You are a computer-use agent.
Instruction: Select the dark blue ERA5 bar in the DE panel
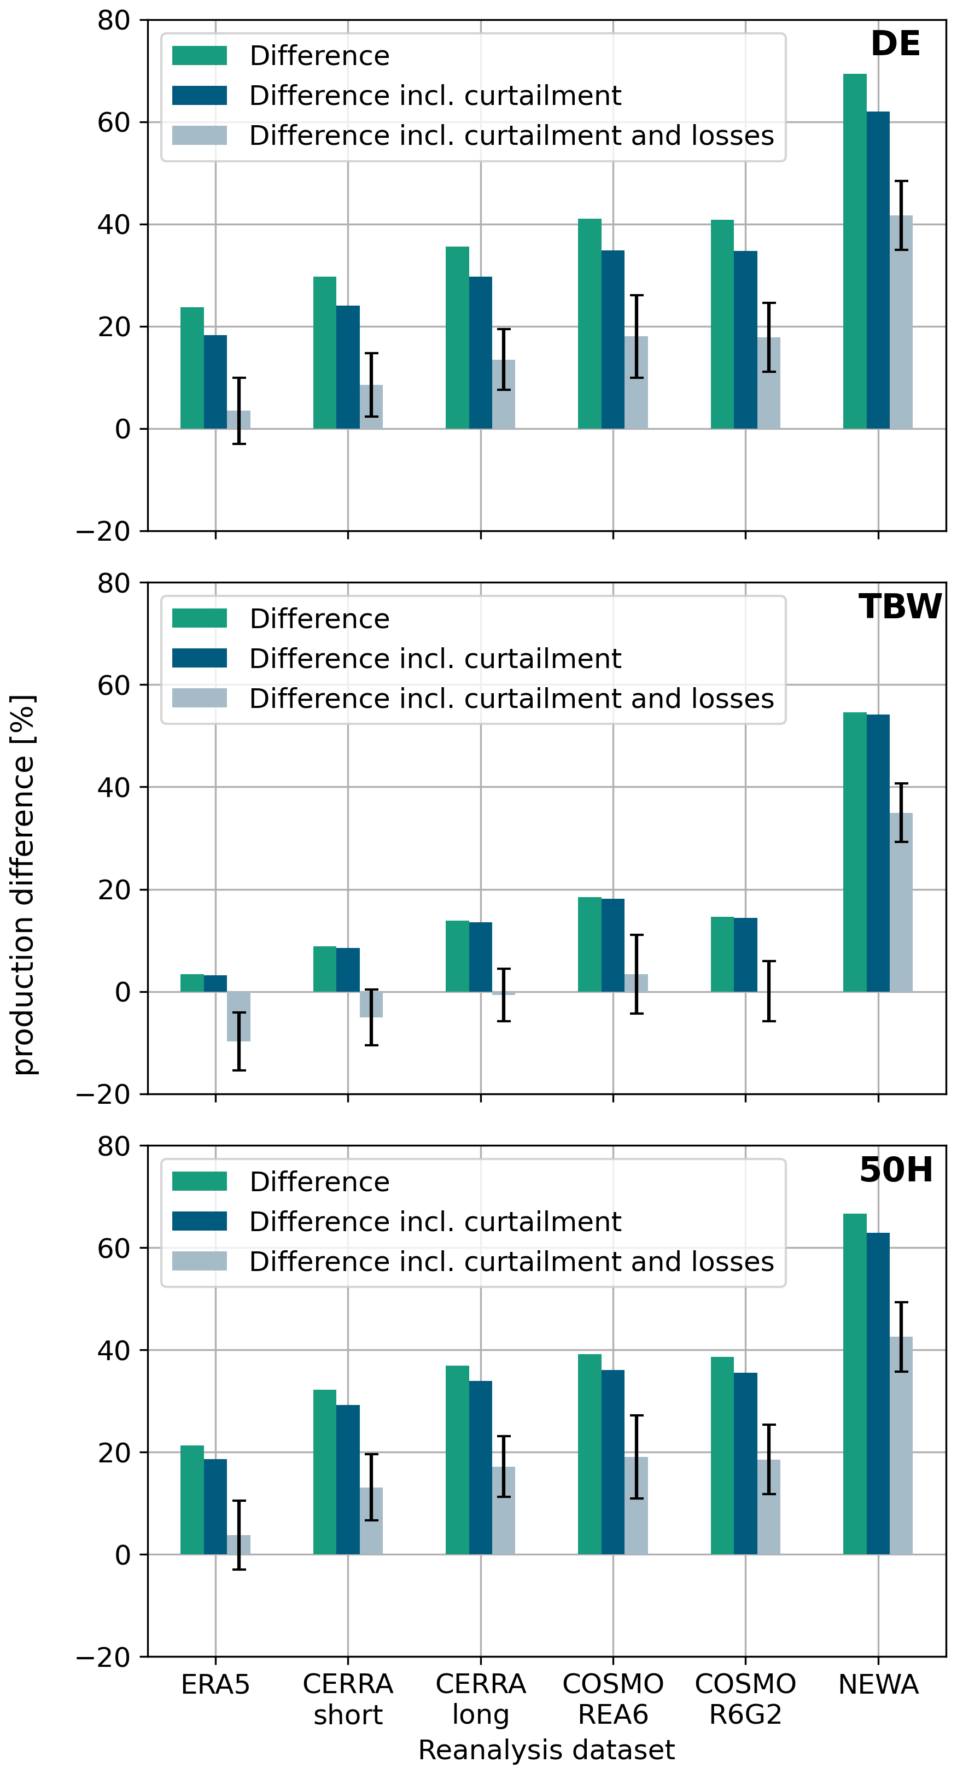(x=215, y=382)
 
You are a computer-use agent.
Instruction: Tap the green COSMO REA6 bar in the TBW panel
(x=589, y=944)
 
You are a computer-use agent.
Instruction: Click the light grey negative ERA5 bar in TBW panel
(x=238, y=1016)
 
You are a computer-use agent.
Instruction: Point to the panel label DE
(x=895, y=44)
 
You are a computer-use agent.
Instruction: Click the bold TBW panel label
(x=900, y=607)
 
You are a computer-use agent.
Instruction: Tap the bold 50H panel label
(x=896, y=1170)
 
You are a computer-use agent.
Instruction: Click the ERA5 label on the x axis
(x=215, y=1684)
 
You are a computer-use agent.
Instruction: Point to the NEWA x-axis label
(x=878, y=1684)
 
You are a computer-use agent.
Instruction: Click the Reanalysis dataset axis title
(x=546, y=1750)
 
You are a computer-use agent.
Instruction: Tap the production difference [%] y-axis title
(x=24, y=885)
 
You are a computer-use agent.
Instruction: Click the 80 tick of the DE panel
(x=114, y=21)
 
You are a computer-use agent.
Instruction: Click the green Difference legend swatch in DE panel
(x=199, y=56)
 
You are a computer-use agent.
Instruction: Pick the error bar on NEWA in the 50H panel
(x=901, y=1337)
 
